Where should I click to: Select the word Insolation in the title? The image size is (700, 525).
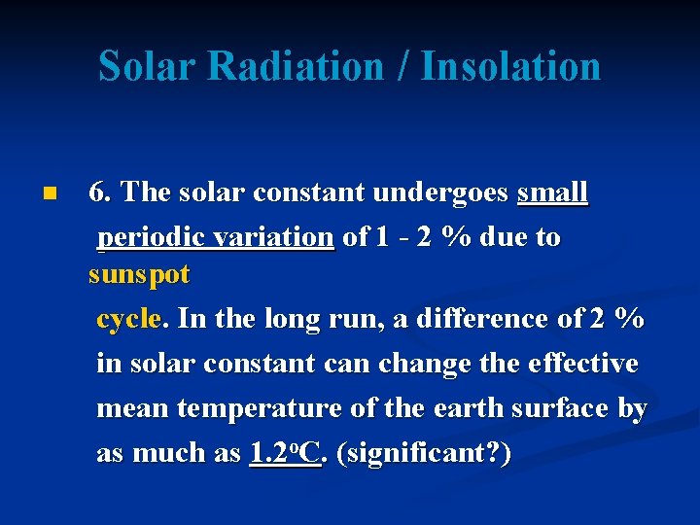(510, 66)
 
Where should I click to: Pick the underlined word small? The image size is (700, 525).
(552, 192)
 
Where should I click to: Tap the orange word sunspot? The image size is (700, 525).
(139, 275)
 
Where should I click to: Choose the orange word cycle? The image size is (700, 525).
(133, 319)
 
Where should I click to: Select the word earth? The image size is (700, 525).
(443, 408)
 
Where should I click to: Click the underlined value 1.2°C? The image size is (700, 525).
(285, 452)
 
